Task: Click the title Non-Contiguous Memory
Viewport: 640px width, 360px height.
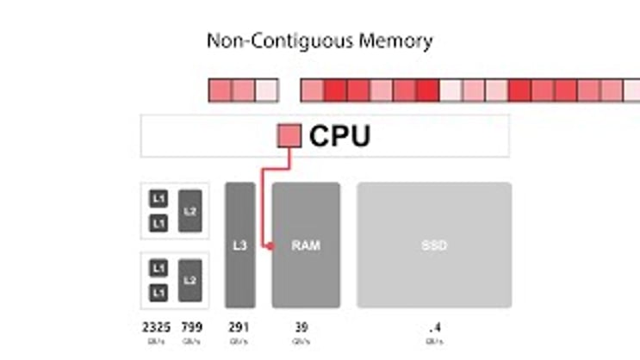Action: (320, 40)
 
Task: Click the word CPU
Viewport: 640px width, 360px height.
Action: (339, 136)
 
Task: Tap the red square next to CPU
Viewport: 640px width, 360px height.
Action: (289, 136)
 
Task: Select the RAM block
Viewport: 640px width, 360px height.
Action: (306, 245)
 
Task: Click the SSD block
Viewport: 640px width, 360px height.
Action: (434, 245)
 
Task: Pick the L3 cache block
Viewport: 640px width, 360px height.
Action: (240, 245)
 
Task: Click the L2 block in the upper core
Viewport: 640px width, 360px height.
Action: (190, 211)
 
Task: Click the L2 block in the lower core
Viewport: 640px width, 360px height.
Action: (190, 280)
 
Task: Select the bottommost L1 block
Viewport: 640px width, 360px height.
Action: (158, 293)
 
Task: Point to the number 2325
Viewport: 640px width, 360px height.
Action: (157, 327)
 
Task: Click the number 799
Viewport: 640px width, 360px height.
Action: (191, 327)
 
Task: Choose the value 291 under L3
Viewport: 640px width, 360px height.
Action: (239, 327)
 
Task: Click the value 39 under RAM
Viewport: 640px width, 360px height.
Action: (301, 327)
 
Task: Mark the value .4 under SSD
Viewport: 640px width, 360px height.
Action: (434, 327)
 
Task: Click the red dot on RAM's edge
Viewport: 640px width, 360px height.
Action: (271, 246)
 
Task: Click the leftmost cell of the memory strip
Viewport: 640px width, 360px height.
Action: (221, 90)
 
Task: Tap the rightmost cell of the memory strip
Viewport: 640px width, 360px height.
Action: (633, 90)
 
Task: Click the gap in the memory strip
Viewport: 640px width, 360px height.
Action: (289, 90)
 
